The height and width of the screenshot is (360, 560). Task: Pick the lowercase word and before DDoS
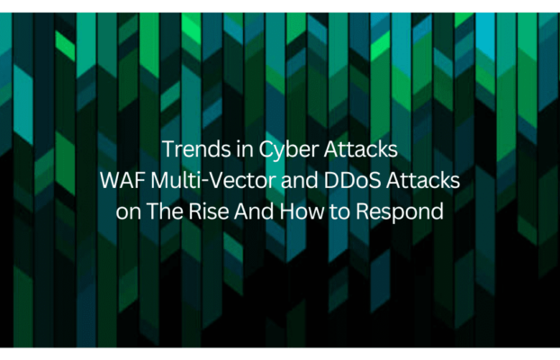(x=300, y=180)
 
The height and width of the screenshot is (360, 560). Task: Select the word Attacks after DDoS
(x=423, y=180)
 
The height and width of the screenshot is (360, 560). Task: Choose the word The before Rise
(x=165, y=211)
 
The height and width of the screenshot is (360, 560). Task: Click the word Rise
(x=209, y=211)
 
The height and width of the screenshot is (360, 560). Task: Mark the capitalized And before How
(x=254, y=211)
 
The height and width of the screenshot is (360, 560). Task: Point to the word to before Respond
(x=339, y=211)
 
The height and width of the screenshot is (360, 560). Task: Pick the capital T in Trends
(x=167, y=149)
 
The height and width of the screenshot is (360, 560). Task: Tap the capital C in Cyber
(x=266, y=149)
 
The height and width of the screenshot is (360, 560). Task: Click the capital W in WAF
(x=111, y=181)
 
